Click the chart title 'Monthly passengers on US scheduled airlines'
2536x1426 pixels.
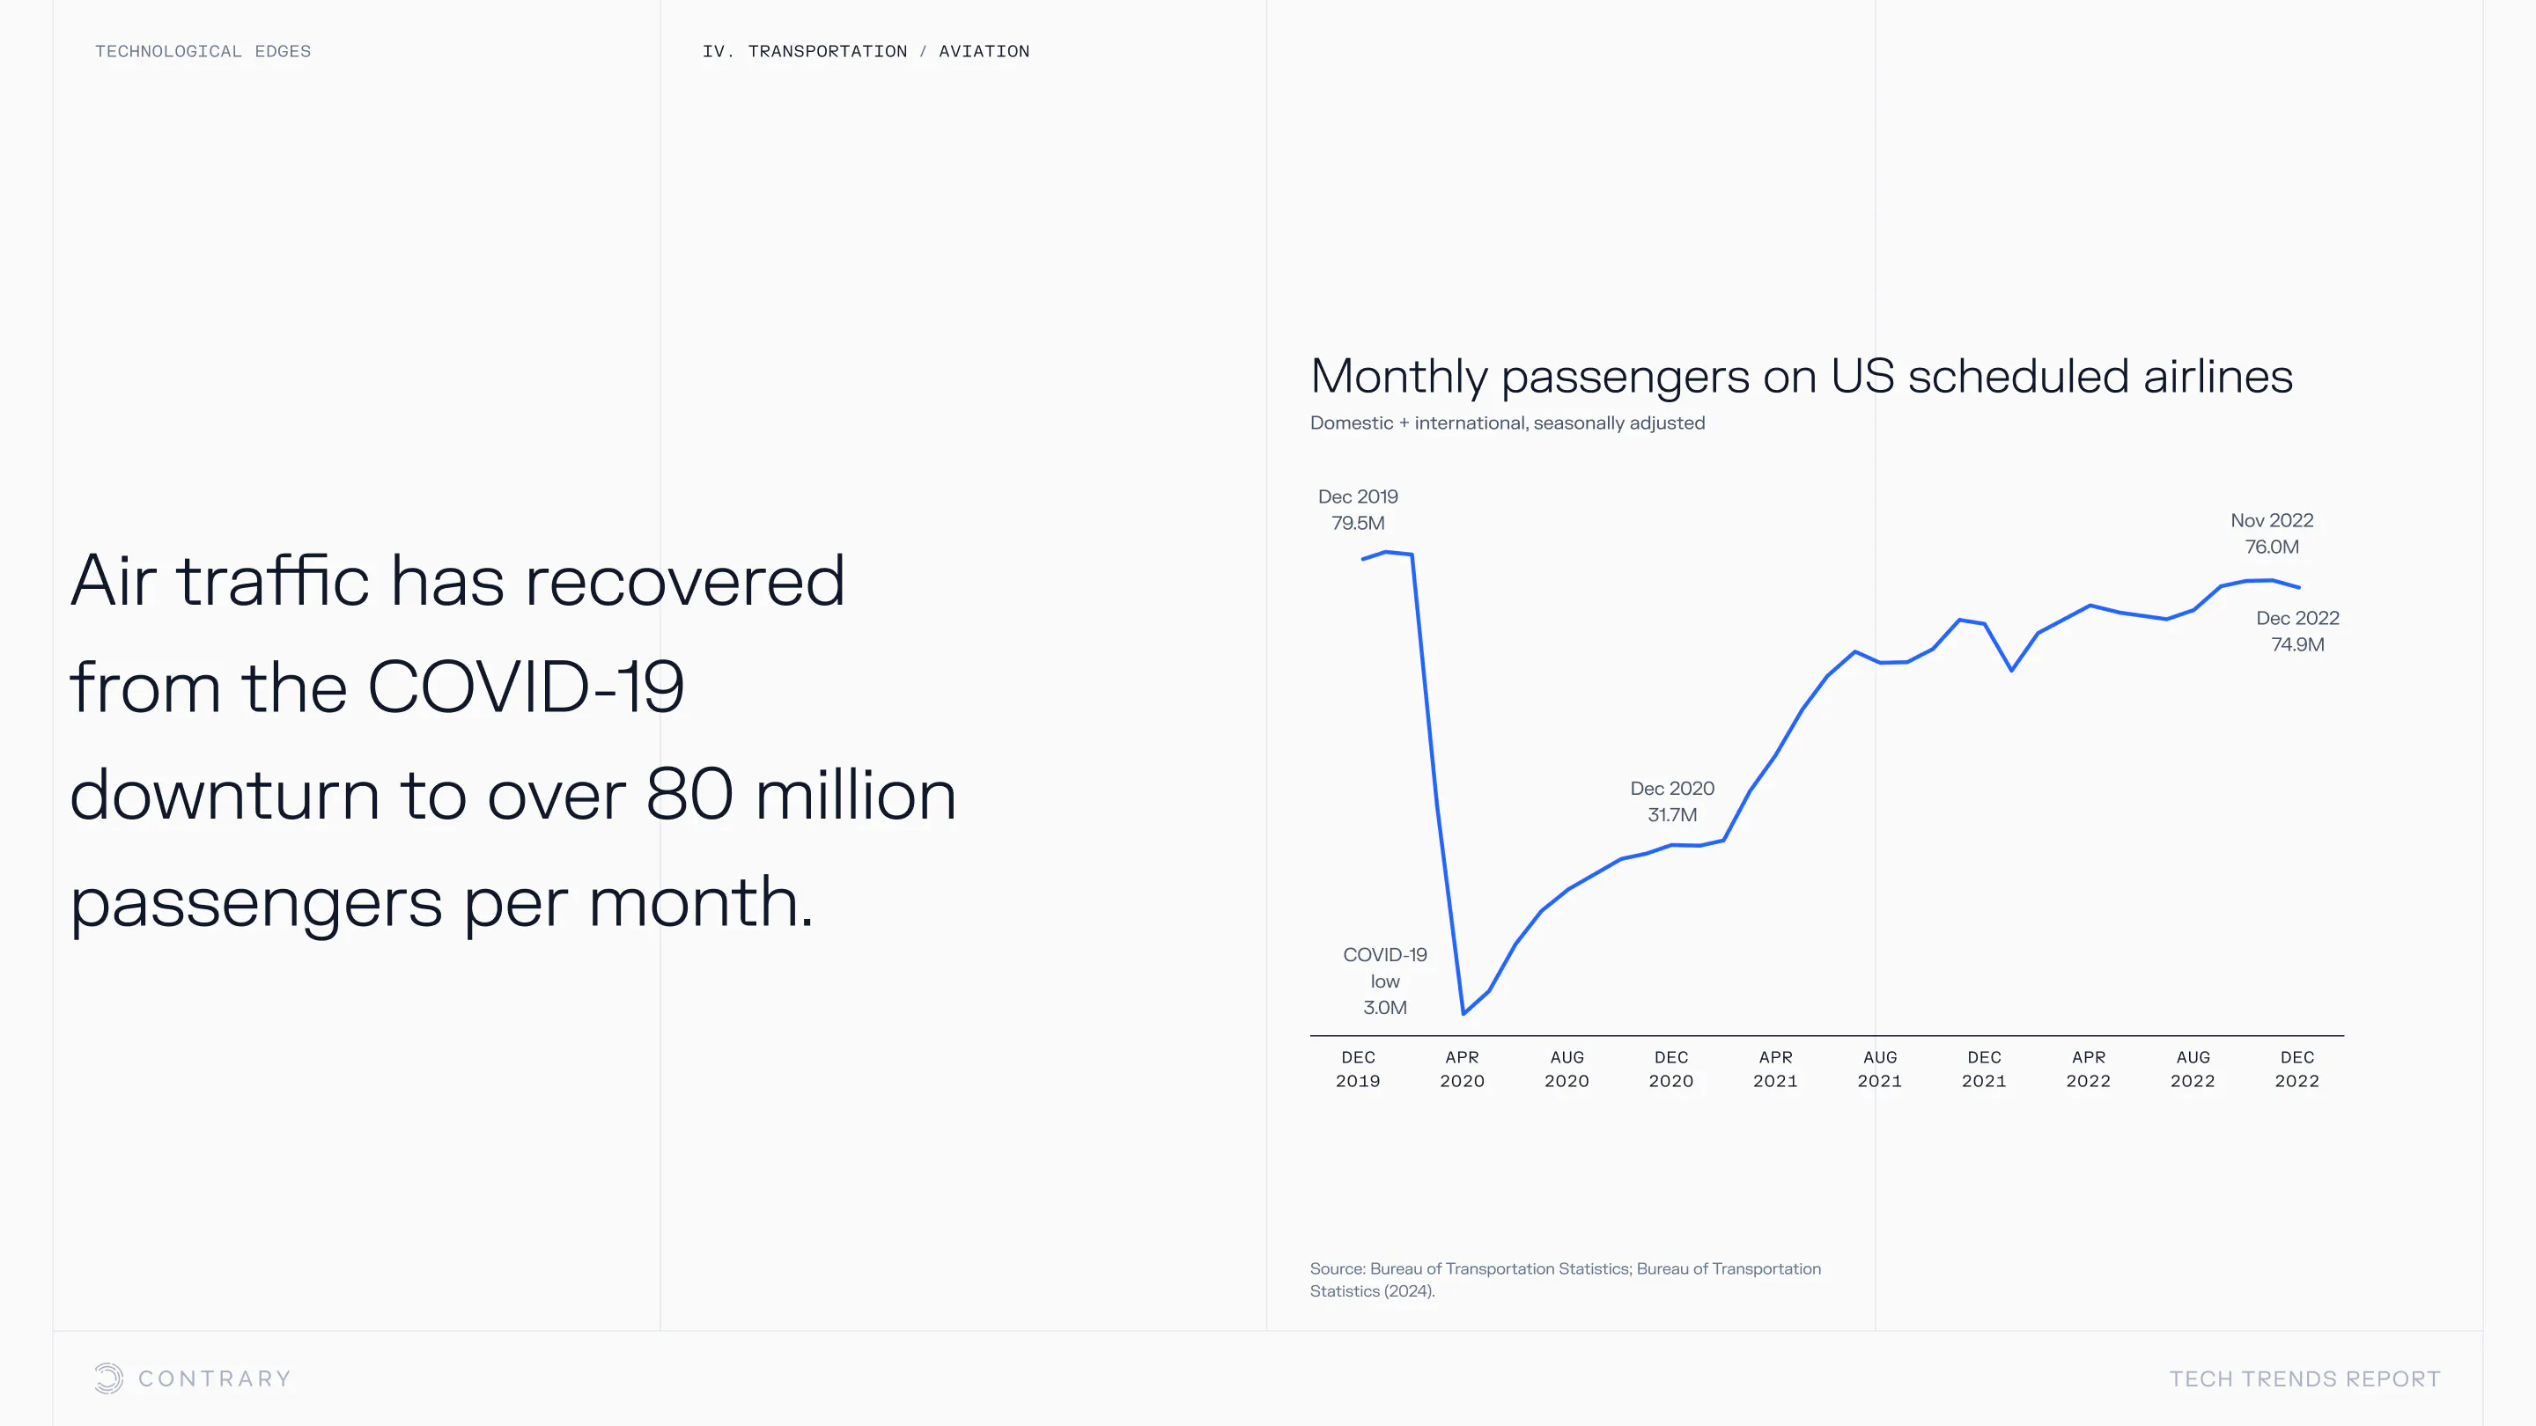coord(1801,377)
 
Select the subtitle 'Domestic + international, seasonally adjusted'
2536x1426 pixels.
coord(1507,423)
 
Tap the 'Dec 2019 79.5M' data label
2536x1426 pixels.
coord(1358,510)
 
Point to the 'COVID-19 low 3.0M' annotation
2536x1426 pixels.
coord(1384,981)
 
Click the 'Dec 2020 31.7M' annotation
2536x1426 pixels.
coord(1671,801)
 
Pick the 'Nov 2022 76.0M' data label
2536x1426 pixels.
coord(2271,533)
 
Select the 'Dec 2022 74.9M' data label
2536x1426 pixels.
coord(2296,631)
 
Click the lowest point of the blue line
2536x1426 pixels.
coord(1463,1012)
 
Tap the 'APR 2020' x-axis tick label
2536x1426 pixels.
coord(1462,1069)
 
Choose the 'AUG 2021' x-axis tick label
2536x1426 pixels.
coord(1879,1069)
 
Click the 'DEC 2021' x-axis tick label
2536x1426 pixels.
coord(1984,1069)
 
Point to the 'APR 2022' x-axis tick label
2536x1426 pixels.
coord(2088,1069)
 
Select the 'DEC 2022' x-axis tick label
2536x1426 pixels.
coord(2296,1069)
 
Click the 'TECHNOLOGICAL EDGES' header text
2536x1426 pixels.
coord(203,51)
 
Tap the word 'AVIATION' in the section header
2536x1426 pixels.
coord(984,51)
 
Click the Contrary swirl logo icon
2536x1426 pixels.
coord(109,1378)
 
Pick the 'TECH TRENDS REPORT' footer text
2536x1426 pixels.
coord(2304,1378)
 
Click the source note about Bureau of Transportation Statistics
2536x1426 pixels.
coord(1565,1279)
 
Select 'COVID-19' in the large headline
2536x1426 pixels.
coord(525,687)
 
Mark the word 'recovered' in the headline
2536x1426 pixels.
coord(684,581)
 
